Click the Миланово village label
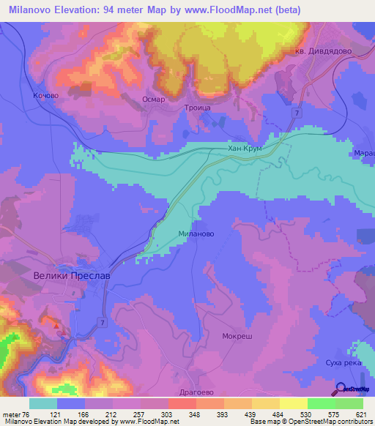pos(196,234)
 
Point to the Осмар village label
pos(154,100)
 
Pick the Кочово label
pos(45,95)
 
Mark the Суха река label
pos(344,362)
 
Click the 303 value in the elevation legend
pos(168,414)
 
